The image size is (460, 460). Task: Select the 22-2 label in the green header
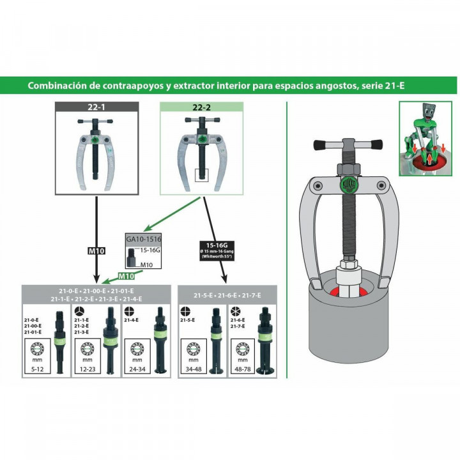coord(203,108)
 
